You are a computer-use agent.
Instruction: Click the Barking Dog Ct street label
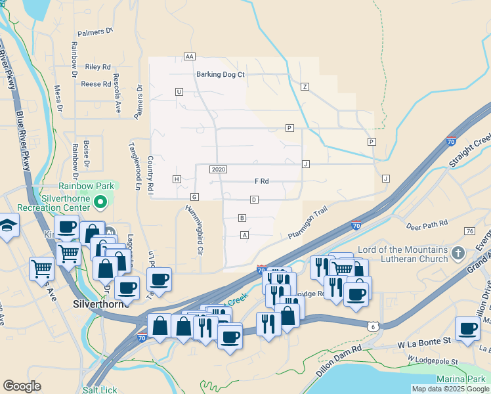click(220, 74)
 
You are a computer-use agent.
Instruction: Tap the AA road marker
click(190, 56)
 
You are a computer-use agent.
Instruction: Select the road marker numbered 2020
click(219, 169)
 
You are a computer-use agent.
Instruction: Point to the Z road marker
click(305, 86)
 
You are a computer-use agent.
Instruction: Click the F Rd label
click(261, 181)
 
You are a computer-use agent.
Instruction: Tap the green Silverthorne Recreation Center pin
click(100, 202)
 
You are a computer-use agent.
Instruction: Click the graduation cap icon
click(7, 225)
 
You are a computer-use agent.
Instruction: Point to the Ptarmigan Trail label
click(307, 224)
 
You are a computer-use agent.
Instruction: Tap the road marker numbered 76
click(469, 231)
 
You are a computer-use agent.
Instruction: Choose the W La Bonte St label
click(424, 341)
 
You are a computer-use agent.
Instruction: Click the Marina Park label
click(461, 379)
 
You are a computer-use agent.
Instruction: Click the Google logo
click(22, 385)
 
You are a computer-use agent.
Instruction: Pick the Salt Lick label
click(100, 390)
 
